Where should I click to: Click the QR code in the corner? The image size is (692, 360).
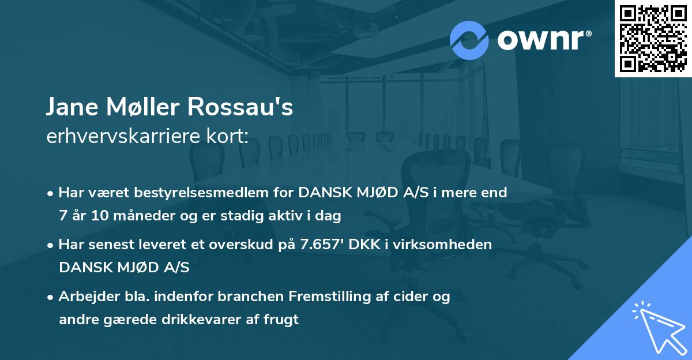click(x=653, y=38)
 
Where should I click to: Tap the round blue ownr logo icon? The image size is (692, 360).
click(x=469, y=40)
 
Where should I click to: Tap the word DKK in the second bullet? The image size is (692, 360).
click(x=368, y=245)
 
